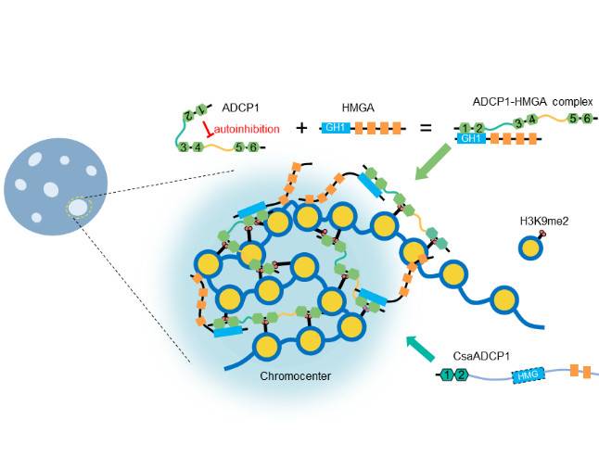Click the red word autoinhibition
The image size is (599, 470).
pyautogui.click(x=248, y=129)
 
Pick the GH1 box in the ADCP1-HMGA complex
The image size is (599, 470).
pyautogui.click(x=472, y=138)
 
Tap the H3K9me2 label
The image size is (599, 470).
pyautogui.click(x=542, y=221)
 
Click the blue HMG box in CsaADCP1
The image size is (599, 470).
pyautogui.click(x=526, y=375)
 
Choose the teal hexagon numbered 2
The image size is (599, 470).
pyautogui.click(x=462, y=375)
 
